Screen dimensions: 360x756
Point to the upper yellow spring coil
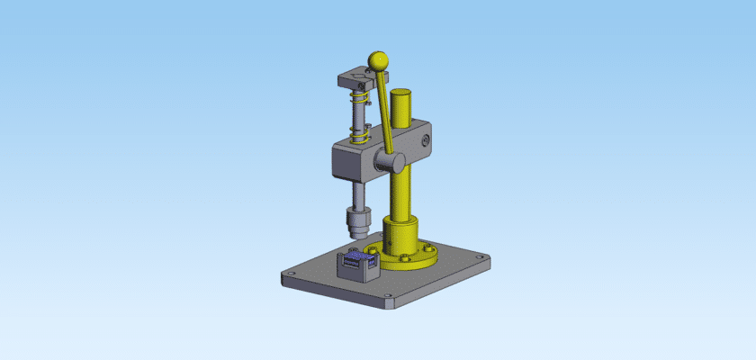(x=362, y=93)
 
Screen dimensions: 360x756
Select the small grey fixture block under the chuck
(x=354, y=269)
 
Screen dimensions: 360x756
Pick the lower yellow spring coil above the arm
(x=360, y=135)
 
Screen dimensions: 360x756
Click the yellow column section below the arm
(x=400, y=193)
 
